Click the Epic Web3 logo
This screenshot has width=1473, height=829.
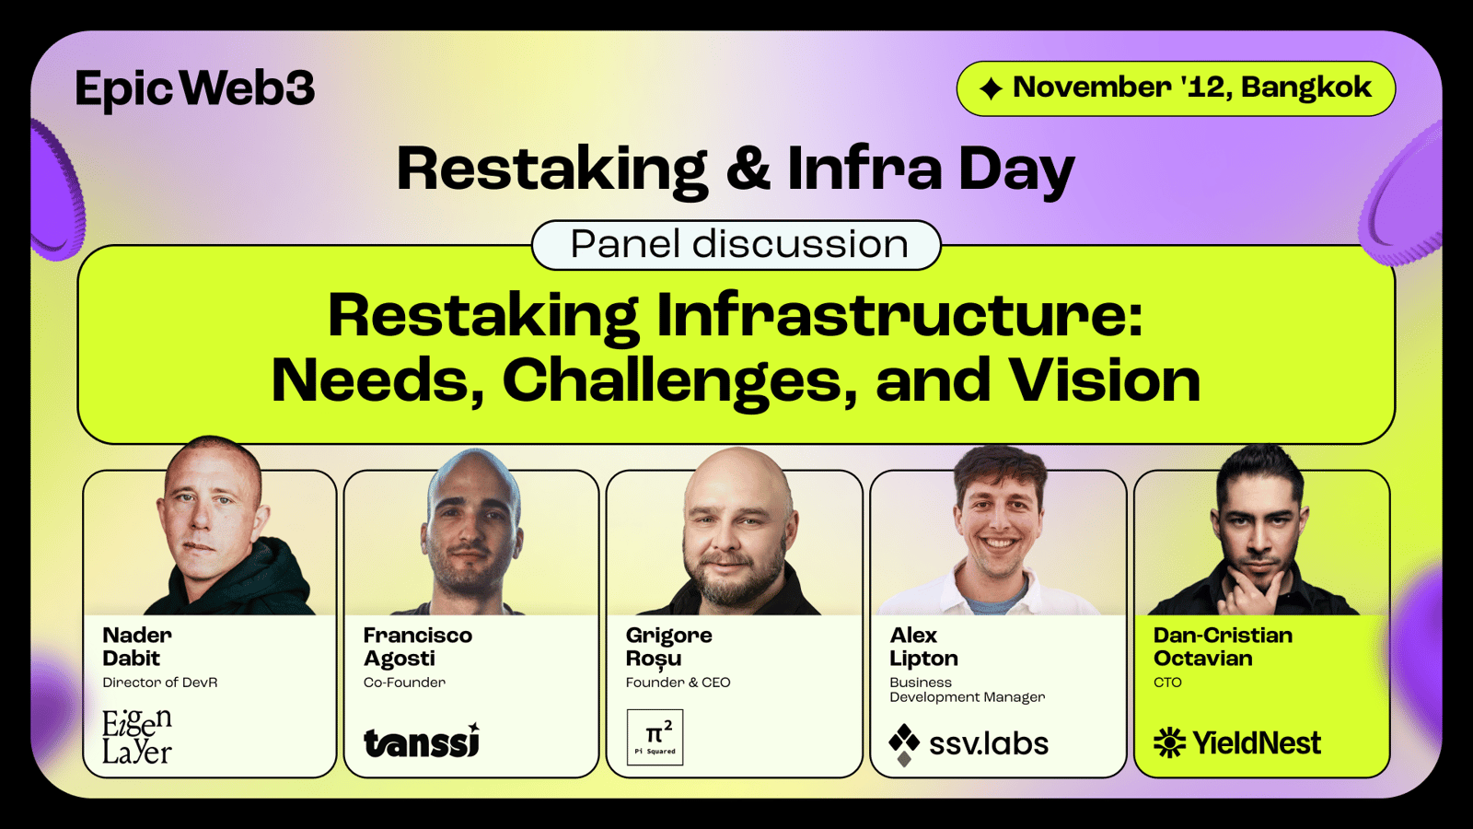click(x=194, y=89)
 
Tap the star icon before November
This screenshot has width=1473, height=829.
click(x=991, y=88)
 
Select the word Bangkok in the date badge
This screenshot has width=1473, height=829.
click(x=1306, y=88)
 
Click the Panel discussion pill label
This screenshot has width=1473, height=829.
click(x=736, y=245)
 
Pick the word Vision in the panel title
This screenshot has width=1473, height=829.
click(x=1105, y=380)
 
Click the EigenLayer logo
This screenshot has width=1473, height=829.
click(x=137, y=736)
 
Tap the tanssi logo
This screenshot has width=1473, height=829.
click(x=422, y=741)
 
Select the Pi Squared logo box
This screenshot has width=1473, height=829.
click(x=655, y=737)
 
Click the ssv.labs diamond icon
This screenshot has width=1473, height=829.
click(x=904, y=745)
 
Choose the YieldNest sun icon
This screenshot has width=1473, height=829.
click(x=1170, y=742)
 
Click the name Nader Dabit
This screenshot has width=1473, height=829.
click(x=137, y=646)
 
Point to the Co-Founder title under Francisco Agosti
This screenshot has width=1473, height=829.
click(x=404, y=683)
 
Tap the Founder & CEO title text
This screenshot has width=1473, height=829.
click(x=678, y=683)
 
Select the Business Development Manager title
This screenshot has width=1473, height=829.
click(x=967, y=690)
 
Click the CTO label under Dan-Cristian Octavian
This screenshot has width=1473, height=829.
click(x=1167, y=683)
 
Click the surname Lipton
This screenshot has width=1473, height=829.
click(x=923, y=659)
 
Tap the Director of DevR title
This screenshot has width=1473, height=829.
click(x=160, y=683)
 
